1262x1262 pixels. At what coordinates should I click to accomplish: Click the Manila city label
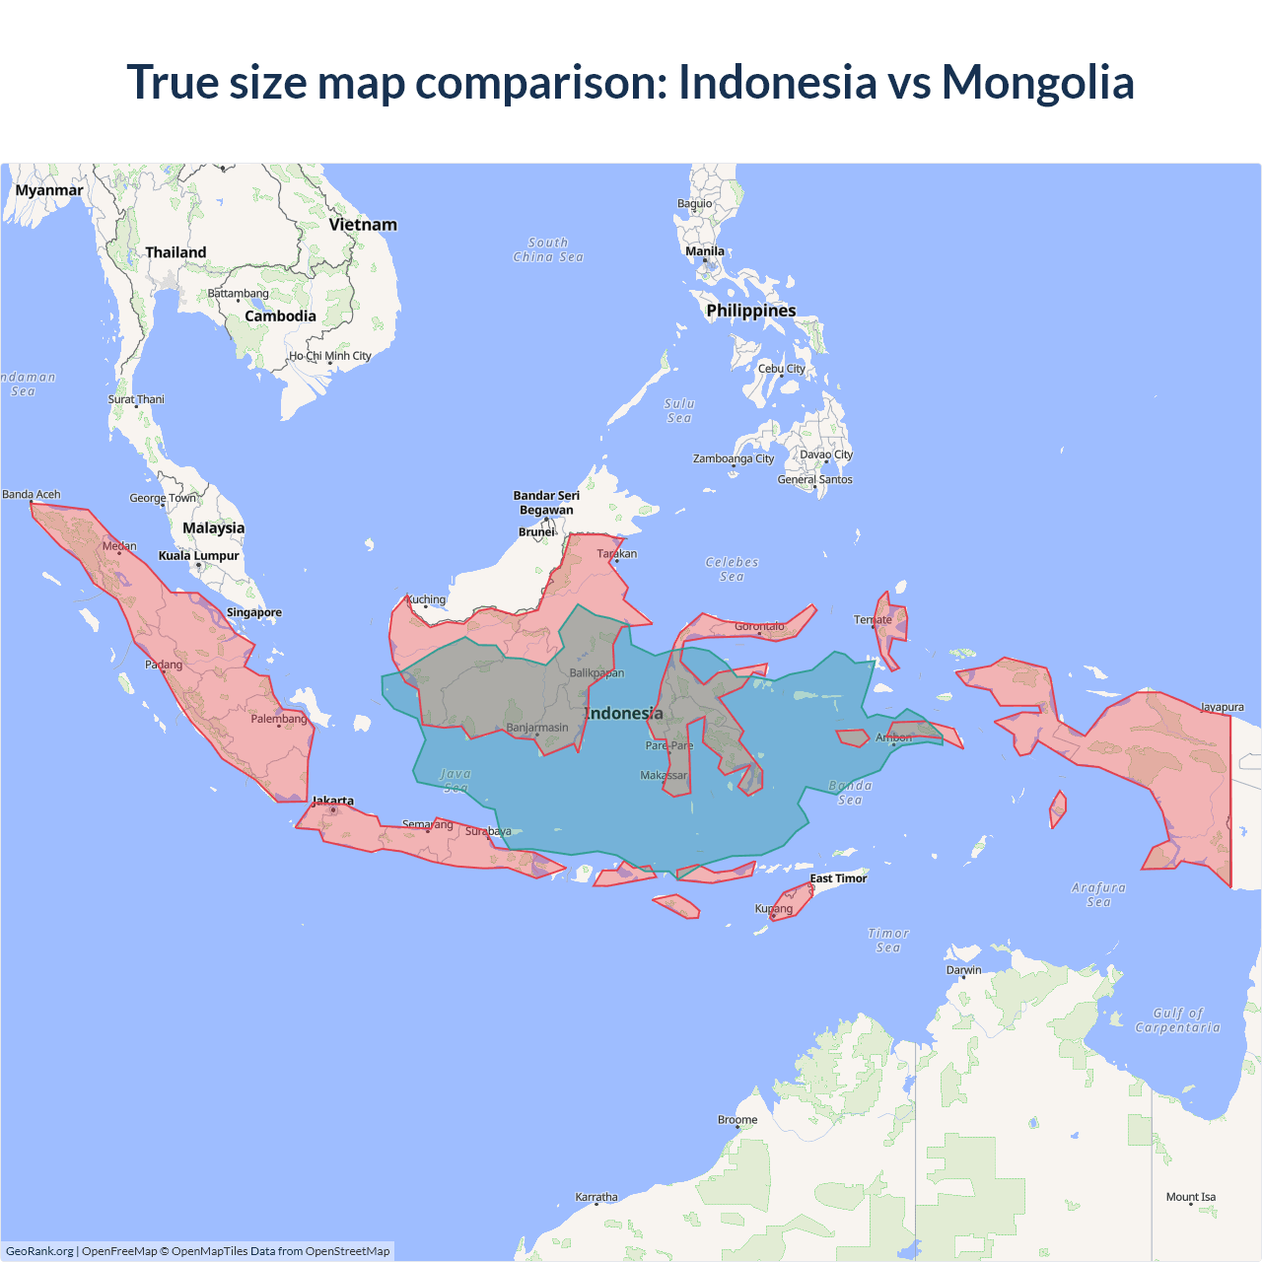(705, 251)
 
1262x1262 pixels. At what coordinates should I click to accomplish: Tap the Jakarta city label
(332, 801)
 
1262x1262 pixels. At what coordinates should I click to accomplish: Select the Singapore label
(254, 612)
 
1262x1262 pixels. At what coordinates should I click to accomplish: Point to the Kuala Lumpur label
(199, 556)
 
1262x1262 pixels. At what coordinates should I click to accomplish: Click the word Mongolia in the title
(1037, 82)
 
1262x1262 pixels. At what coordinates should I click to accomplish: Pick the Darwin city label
(963, 970)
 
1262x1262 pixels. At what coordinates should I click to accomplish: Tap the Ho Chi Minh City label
(330, 356)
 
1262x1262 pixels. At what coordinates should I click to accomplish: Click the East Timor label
(838, 878)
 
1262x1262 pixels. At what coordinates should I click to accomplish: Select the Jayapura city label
(1222, 707)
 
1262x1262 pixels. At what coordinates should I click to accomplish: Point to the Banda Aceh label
(32, 495)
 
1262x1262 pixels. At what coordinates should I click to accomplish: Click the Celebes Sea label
(732, 569)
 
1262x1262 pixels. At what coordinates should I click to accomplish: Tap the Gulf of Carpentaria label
(1177, 1019)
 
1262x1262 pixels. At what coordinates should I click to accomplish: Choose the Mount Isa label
(1191, 1197)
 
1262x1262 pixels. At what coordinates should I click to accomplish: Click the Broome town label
(737, 1120)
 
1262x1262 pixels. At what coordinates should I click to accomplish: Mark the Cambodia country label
(280, 316)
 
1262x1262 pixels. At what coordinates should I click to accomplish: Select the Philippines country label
(750, 311)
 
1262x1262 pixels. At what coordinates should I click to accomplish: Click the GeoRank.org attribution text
(39, 1251)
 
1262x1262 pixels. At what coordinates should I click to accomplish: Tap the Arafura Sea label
(1098, 894)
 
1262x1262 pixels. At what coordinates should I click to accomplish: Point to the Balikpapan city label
(596, 673)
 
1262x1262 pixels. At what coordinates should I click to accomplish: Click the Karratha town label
(596, 1197)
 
